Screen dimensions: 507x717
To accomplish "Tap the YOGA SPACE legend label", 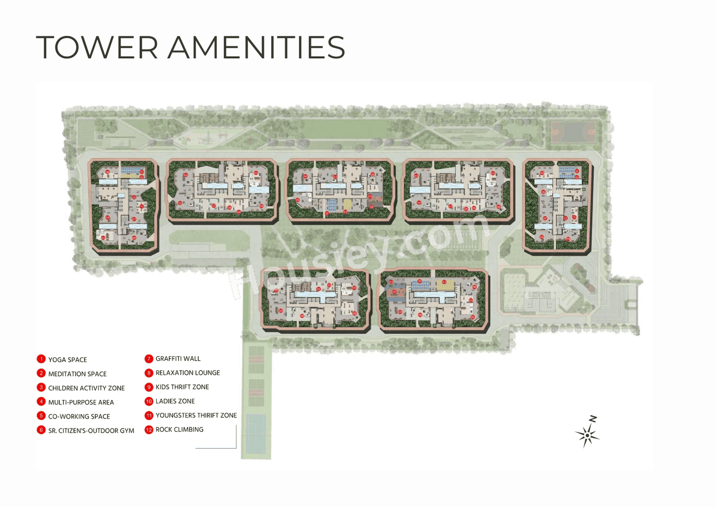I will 67,360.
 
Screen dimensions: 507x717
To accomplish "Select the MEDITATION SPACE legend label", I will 77,374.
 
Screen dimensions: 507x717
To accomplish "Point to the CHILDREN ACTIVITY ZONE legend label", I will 86,388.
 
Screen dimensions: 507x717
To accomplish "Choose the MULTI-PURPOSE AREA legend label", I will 81,402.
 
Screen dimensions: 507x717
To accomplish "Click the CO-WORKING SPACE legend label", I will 79,416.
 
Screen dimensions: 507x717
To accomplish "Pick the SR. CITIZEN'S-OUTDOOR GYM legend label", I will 91,430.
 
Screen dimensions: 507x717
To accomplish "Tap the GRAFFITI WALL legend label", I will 178,359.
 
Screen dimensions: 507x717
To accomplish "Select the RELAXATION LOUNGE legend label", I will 188,373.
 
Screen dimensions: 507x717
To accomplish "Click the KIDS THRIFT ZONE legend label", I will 182,387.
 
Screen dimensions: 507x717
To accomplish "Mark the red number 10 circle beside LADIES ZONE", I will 149,401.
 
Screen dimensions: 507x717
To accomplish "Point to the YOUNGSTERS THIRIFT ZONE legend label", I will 196,416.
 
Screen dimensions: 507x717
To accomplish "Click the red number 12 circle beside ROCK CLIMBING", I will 149,430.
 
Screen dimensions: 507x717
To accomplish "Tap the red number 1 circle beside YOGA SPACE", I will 41,359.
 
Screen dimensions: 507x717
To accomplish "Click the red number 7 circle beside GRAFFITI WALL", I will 149,359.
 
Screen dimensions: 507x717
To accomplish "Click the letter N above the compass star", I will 593,418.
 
